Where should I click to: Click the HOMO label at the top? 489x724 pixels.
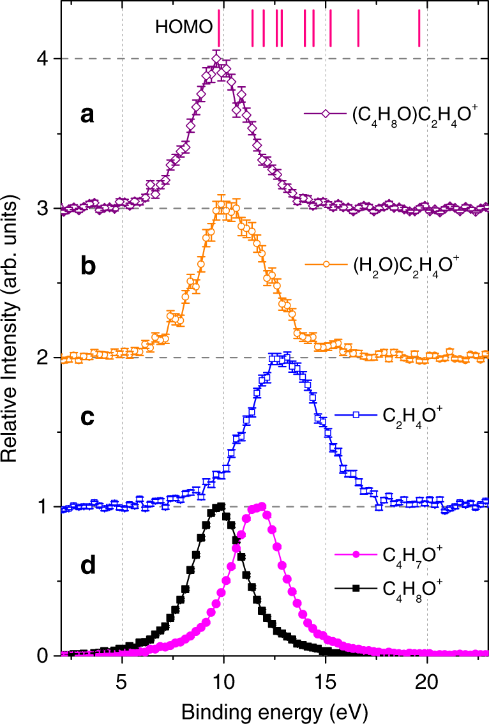click(x=183, y=27)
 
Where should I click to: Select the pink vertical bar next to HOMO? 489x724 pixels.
click(x=219, y=28)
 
